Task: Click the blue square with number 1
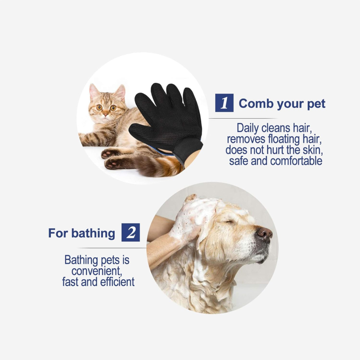(224, 103)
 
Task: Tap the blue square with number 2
(130, 232)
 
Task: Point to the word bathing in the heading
(93, 234)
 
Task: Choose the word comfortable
(296, 161)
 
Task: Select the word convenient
(96, 271)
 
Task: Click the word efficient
(117, 282)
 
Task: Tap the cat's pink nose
(105, 114)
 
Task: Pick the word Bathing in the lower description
(81, 261)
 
